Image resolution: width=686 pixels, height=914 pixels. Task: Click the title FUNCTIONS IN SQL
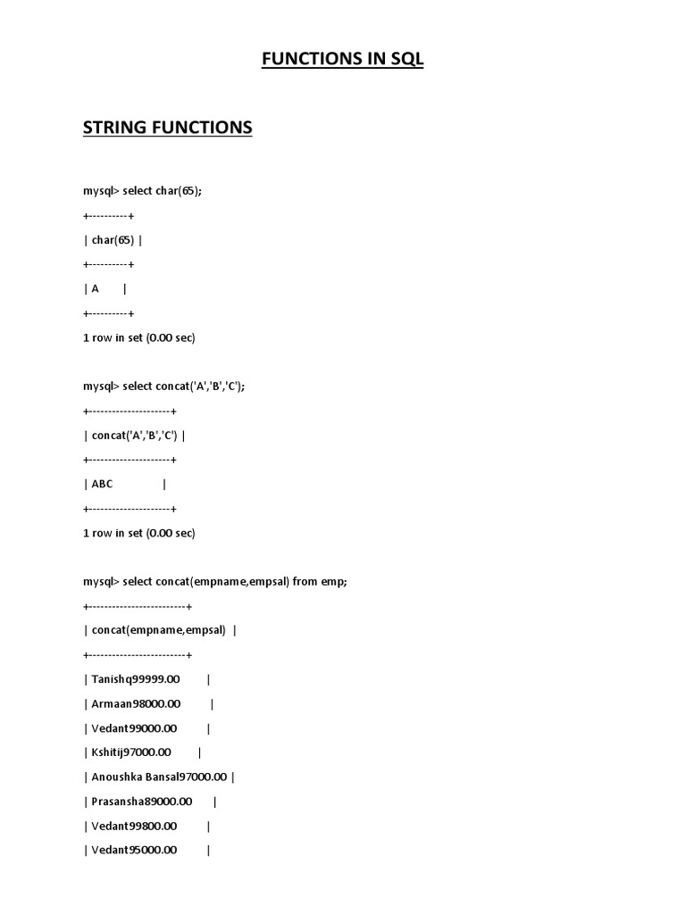pos(342,60)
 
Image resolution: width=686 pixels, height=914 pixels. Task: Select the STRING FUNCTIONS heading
pos(168,128)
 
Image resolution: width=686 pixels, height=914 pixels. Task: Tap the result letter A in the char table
pos(95,288)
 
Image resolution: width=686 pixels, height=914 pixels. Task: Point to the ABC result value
pos(103,484)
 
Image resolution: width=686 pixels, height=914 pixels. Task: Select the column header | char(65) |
pos(112,240)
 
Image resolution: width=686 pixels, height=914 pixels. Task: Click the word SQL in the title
pos(404,60)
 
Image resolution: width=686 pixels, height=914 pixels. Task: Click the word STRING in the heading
pos(113,128)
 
